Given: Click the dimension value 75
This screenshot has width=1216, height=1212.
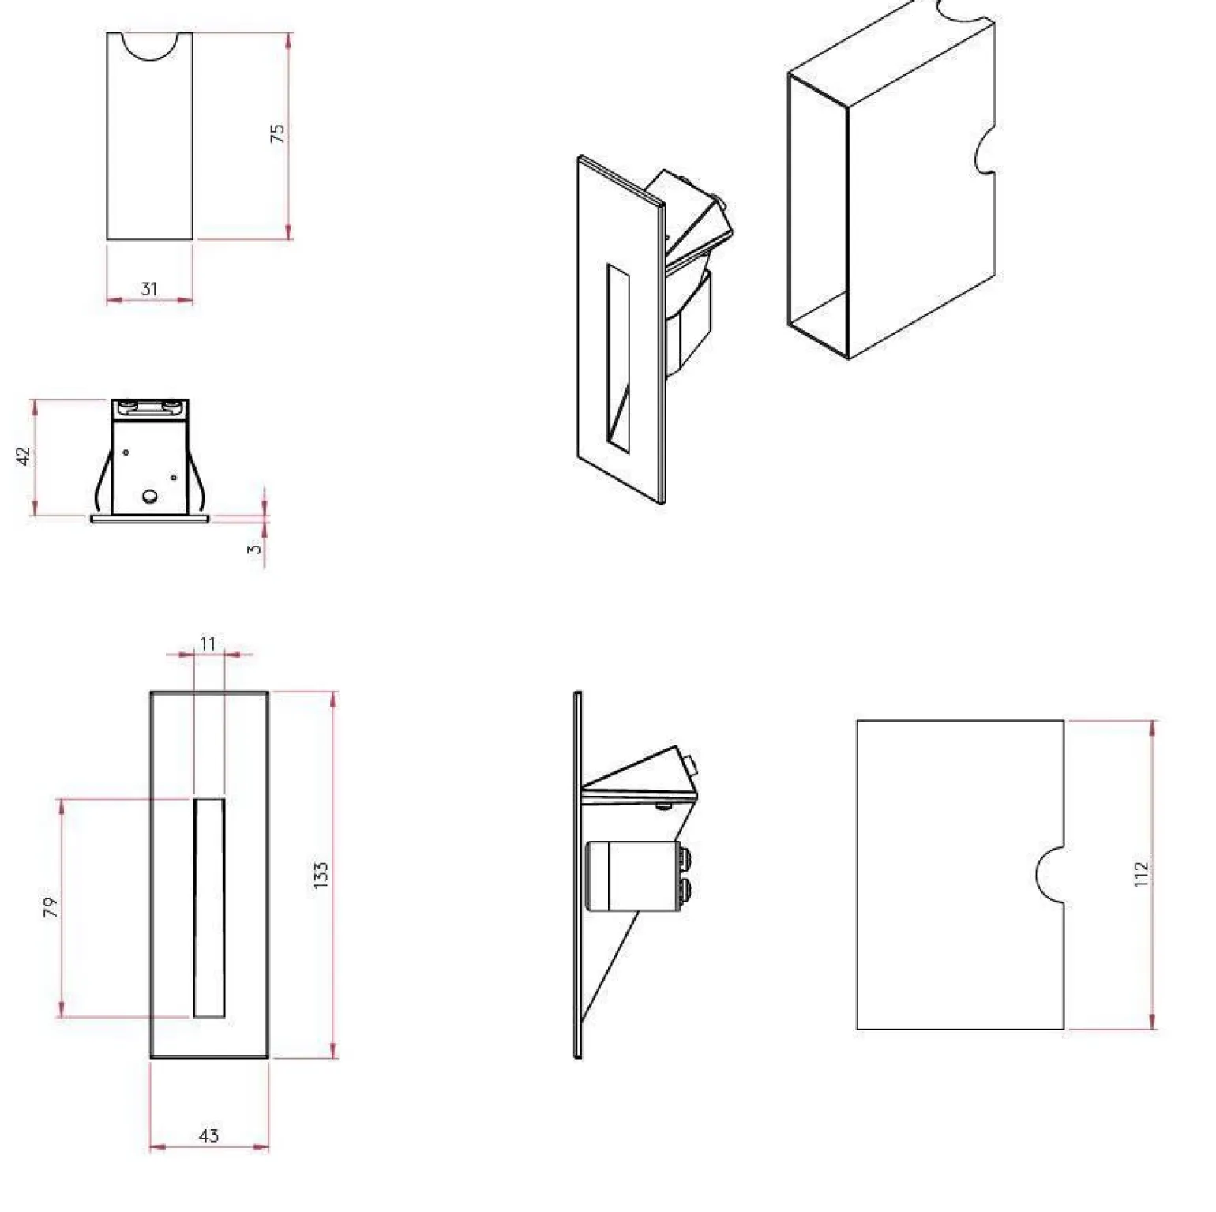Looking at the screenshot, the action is pyautogui.click(x=278, y=133).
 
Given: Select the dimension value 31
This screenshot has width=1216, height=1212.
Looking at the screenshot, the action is pyautogui.click(x=149, y=289).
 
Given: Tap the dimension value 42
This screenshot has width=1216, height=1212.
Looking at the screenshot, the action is pyautogui.click(x=24, y=456).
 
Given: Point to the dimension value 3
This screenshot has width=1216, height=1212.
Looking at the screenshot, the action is pyautogui.click(x=254, y=549).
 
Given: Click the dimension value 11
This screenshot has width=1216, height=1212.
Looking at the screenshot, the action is pyautogui.click(x=208, y=644).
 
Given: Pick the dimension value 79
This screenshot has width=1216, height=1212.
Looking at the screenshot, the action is pyautogui.click(x=51, y=907).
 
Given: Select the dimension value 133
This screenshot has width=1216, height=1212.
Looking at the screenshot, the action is pyautogui.click(x=321, y=876).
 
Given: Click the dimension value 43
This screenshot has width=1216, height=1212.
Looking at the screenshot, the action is pyautogui.click(x=208, y=1135).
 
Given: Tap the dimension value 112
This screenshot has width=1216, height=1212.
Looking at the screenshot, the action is pyautogui.click(x=1142, y=875).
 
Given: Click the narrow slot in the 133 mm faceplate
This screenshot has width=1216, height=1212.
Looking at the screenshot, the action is pyautogui.click(x=209, y=907).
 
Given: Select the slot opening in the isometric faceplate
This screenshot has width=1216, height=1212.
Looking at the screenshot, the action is pyautogui.click(x=618, y=358).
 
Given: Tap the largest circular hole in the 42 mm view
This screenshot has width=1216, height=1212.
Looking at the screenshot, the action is pyautogui.click(x=149, y=497).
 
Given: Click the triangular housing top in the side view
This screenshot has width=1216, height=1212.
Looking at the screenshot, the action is pyautogui.click(x=640, y=770).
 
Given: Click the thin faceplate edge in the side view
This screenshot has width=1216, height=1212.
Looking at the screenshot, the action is pyautogui.click(x=578, y=875).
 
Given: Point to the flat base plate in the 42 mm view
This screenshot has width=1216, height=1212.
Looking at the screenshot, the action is pyautogui.click(x=150, y=519).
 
